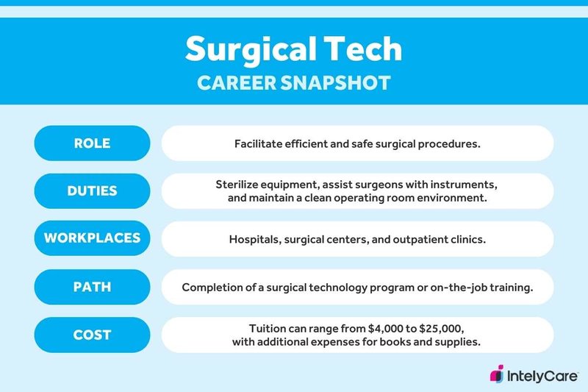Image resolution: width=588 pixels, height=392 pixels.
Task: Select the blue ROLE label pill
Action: pos(93,143)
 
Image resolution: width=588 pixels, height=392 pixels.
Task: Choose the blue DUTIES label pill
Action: pos(93,190)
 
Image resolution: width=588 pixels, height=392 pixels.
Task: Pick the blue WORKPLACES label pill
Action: pos(93,238)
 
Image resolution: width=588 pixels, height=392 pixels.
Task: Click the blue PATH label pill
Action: pos(93,287)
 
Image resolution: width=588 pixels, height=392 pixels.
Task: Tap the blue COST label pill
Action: pos(93,335)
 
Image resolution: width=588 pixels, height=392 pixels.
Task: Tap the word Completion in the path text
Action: pos(213,287)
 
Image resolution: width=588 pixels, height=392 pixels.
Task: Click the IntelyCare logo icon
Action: pos(498,374)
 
